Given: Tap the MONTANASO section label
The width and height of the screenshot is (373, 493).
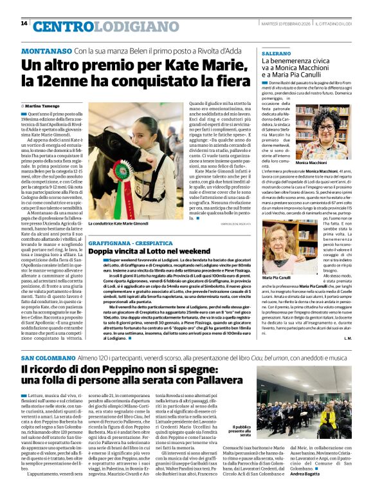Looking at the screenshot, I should tap(46, 50).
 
